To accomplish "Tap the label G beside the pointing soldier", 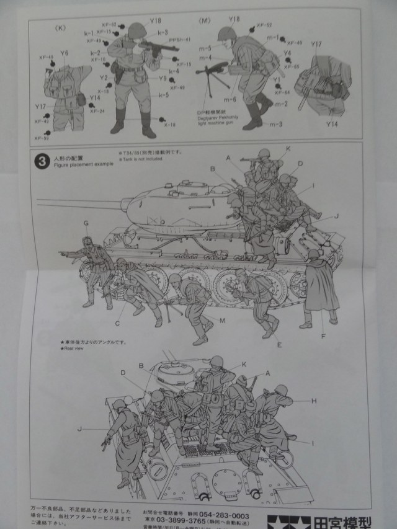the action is (86, 223).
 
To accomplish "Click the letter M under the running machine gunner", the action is (222, 319).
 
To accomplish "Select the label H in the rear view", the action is (314, 401).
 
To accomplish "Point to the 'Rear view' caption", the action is (76, 348).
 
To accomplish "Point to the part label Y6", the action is (65, 54).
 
